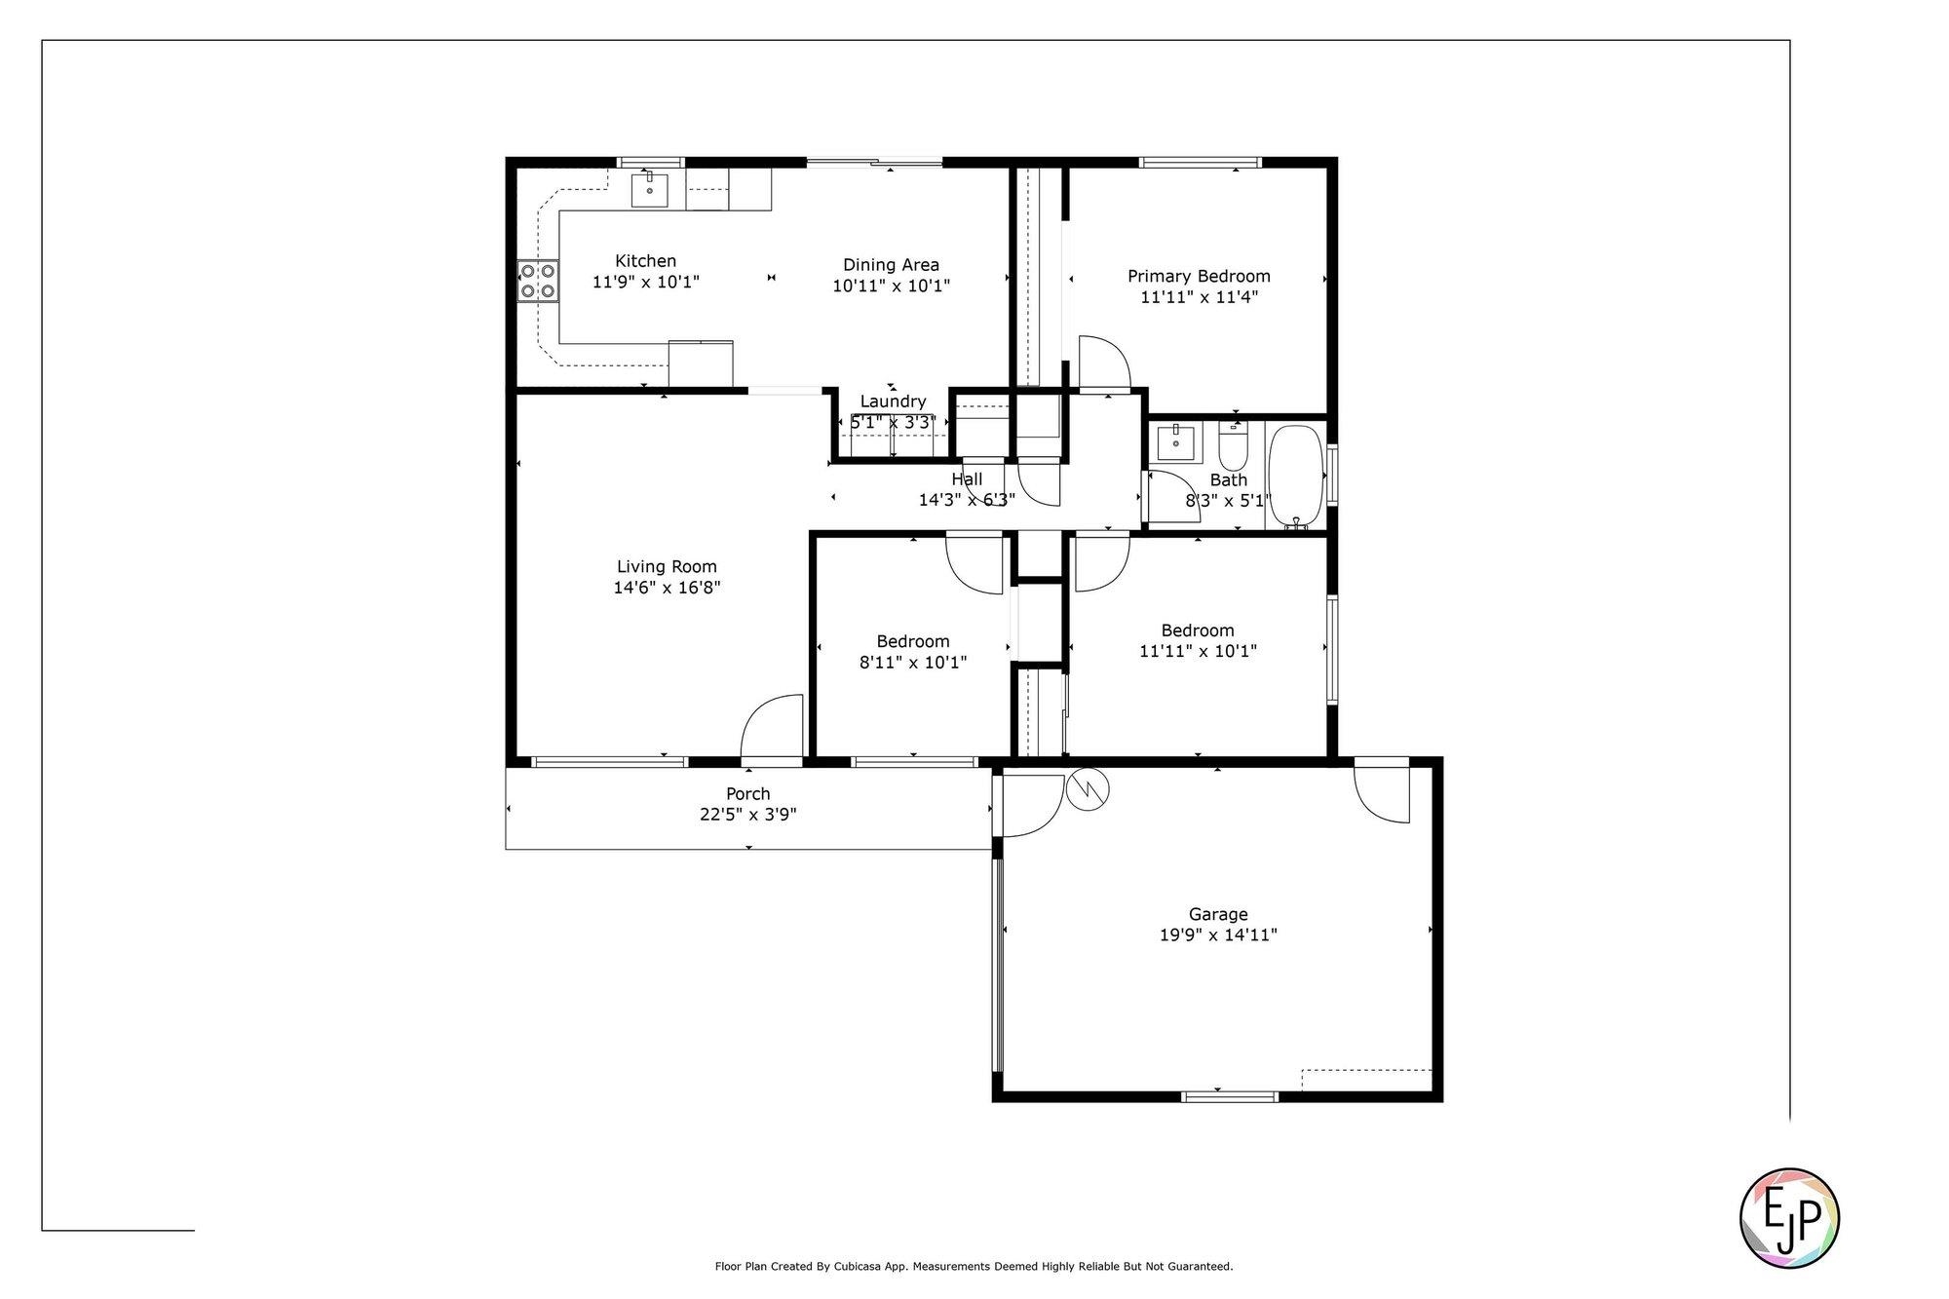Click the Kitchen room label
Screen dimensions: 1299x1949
(x=645, y=260)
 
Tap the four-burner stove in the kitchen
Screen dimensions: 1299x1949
(x=537, y=281)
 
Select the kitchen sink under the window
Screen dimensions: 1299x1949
(x=649, y=190)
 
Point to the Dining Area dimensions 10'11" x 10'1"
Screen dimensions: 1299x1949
(x=891, y=286)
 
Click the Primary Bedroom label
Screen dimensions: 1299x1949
(x=1199, y=276)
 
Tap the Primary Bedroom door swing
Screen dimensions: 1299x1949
(x=1103, y=363)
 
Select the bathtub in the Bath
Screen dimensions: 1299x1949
(x=1295, y=477)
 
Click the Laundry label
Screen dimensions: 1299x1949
(x=893, y=401)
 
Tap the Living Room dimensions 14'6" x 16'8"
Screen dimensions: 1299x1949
(x=667, y=588)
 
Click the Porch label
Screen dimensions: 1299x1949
(x=748, y=793)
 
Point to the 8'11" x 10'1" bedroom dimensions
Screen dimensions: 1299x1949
(x=912, y=663)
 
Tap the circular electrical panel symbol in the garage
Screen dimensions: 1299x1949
(x=1089, y=789)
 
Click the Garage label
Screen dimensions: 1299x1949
(x=1218, y=914)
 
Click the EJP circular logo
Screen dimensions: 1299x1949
(x=1789, y=1218)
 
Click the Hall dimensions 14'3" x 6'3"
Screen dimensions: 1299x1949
(x=967, y=500)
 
